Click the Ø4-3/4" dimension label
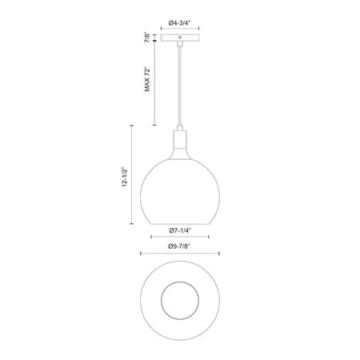[x=180, y=23]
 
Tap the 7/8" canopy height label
[x=147, y=38]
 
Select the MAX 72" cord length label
[x=147, y=79]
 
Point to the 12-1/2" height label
[x=125, y=177]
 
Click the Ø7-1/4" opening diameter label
[x=180, y=230]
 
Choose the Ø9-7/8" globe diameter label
[x=180, y=246]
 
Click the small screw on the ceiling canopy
[x=180, y=37]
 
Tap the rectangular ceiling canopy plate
[x=180, y=38]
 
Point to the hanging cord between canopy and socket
[x=180, y=86]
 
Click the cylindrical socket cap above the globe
[x=180, y=139]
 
